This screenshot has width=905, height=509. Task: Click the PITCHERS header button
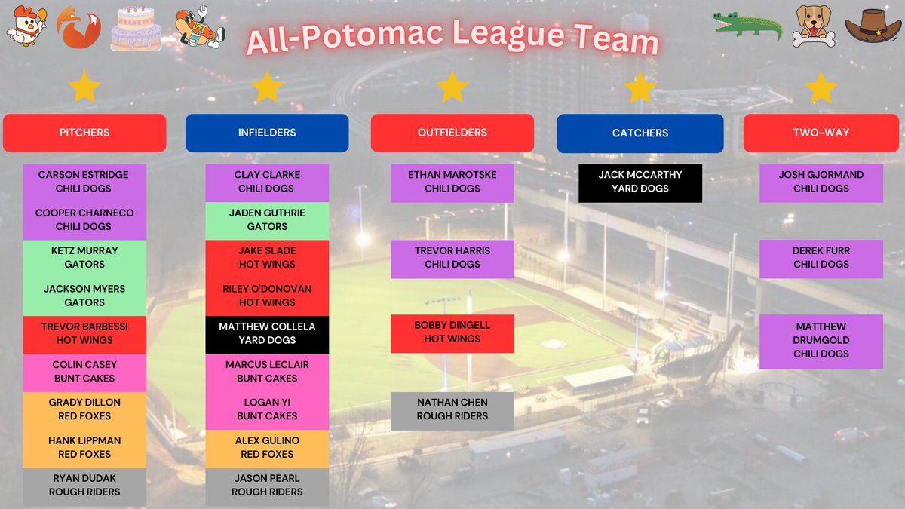pos(84,133)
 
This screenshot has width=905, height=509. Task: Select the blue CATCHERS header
pos(640,133)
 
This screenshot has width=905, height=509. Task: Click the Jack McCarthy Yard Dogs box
pos(640,182)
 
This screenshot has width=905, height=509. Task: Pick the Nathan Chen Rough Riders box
pos(452,409)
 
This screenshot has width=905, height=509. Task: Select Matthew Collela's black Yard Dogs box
pos(267,333)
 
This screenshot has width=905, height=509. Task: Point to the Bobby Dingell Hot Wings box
pos(452,333)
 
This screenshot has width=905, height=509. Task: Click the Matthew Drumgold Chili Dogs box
pos(821,340)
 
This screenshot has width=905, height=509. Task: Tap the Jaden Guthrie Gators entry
pos(267,219)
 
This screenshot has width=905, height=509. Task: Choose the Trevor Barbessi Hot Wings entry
pos(84,333)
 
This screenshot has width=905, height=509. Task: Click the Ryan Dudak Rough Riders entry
pos(84,485)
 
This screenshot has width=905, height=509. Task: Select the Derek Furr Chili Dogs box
pos(821,258)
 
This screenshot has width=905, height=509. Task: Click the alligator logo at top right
pos(747,27)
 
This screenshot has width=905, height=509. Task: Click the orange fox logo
pos(79,28)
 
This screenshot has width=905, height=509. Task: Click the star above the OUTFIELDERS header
pos(452,87)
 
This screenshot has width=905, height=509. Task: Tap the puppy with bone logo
pos(813,27)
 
